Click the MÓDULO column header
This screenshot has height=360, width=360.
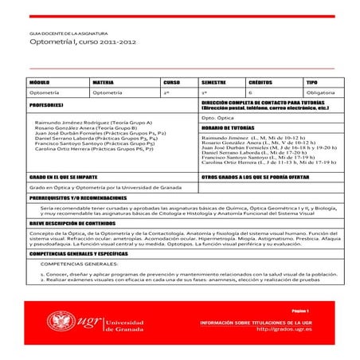pos(41,82)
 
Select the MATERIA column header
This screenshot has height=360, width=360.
pos(103,82)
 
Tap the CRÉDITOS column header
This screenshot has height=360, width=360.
pos(260,82)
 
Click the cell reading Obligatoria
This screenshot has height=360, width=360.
pos(319,93)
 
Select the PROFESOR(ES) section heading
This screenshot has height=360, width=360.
pos(47,104)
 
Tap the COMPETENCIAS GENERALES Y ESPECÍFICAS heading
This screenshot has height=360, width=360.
pos(84,252)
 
